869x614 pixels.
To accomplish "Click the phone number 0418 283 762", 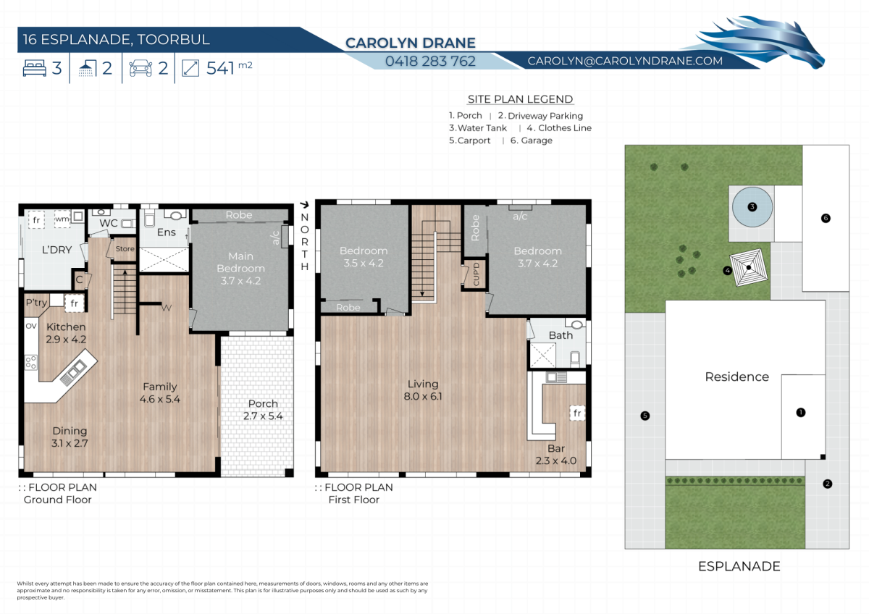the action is click(430, 62).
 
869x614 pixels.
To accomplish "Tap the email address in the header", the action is click(625, 61).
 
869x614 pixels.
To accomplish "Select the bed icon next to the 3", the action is click(35, 68).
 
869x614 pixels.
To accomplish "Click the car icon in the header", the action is click(140, 68).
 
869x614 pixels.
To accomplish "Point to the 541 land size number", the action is click(220, 68).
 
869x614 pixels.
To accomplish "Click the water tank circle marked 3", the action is click(752, 207).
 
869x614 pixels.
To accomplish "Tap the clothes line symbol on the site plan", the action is click(749, 267).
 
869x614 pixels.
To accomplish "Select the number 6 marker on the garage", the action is click(826, 218).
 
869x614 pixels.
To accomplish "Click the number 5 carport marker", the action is click(645, 416).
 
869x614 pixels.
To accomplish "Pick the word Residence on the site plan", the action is click(736, 377).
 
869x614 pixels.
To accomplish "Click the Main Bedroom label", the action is click(240, 262).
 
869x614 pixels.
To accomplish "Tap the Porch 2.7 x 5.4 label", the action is click(263, 410).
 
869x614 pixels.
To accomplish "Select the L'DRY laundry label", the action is click(56, 249).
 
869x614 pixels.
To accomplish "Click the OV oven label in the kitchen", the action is click(31, 326).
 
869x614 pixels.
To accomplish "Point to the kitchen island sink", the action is click(73, 371).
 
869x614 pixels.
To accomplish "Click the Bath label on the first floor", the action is click(561, 335).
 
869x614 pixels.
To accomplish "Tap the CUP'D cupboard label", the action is click(477, 274).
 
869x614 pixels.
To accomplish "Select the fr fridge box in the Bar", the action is click(577, 413).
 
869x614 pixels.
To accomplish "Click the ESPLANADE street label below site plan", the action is click(739, 566).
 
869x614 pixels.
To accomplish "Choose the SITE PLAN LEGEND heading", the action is click(520, 99).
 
